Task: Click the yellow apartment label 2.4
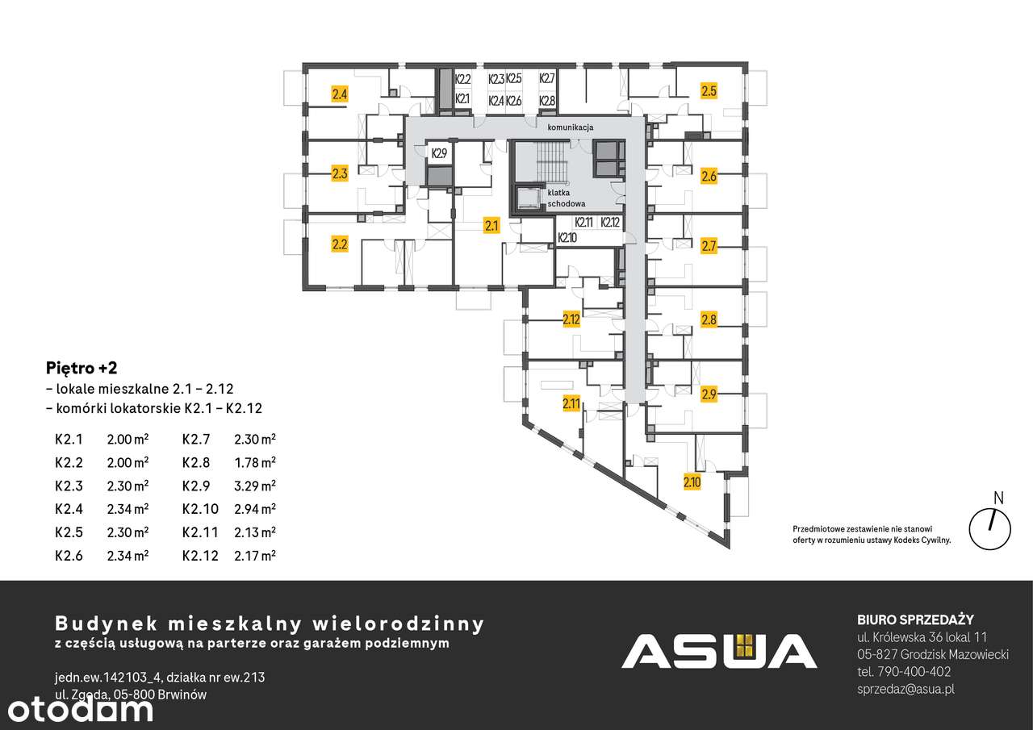click(x=340, y=94)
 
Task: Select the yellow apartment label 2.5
click(x=709, y=91)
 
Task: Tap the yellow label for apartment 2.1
click(x=491, y=226)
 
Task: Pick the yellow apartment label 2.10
click(x=692, y=483)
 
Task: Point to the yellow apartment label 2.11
click(x=571, y=403)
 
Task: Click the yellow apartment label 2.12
click(x=571, y=319)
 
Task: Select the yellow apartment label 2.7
click(x=709, y=246)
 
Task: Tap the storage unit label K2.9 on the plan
click(x=439, y=152)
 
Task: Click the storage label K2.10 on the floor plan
click(x=567, y=238)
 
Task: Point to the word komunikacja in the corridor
click(x=571, y=128)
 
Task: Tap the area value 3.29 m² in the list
click(x=255, y=486)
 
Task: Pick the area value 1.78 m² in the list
click(x=255, y=462)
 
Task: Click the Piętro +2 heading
click(x=82, y=368)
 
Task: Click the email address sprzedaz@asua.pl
click(x=906, y=689)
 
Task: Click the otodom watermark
click(x=77, y=709)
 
